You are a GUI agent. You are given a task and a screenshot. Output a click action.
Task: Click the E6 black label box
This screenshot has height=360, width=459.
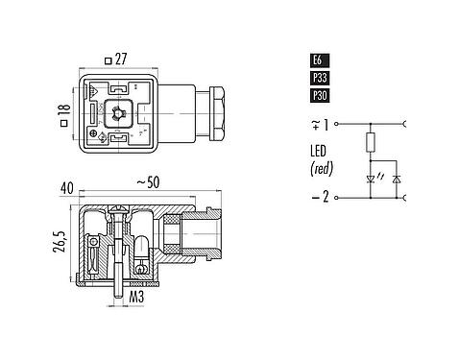pyautogui.click(x=317, y=60)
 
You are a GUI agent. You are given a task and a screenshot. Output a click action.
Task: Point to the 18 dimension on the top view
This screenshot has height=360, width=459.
pyautogui.click(x=62, y=117)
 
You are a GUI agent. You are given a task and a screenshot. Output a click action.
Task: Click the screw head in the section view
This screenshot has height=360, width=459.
pyautogui.click(x=120, y=208)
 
